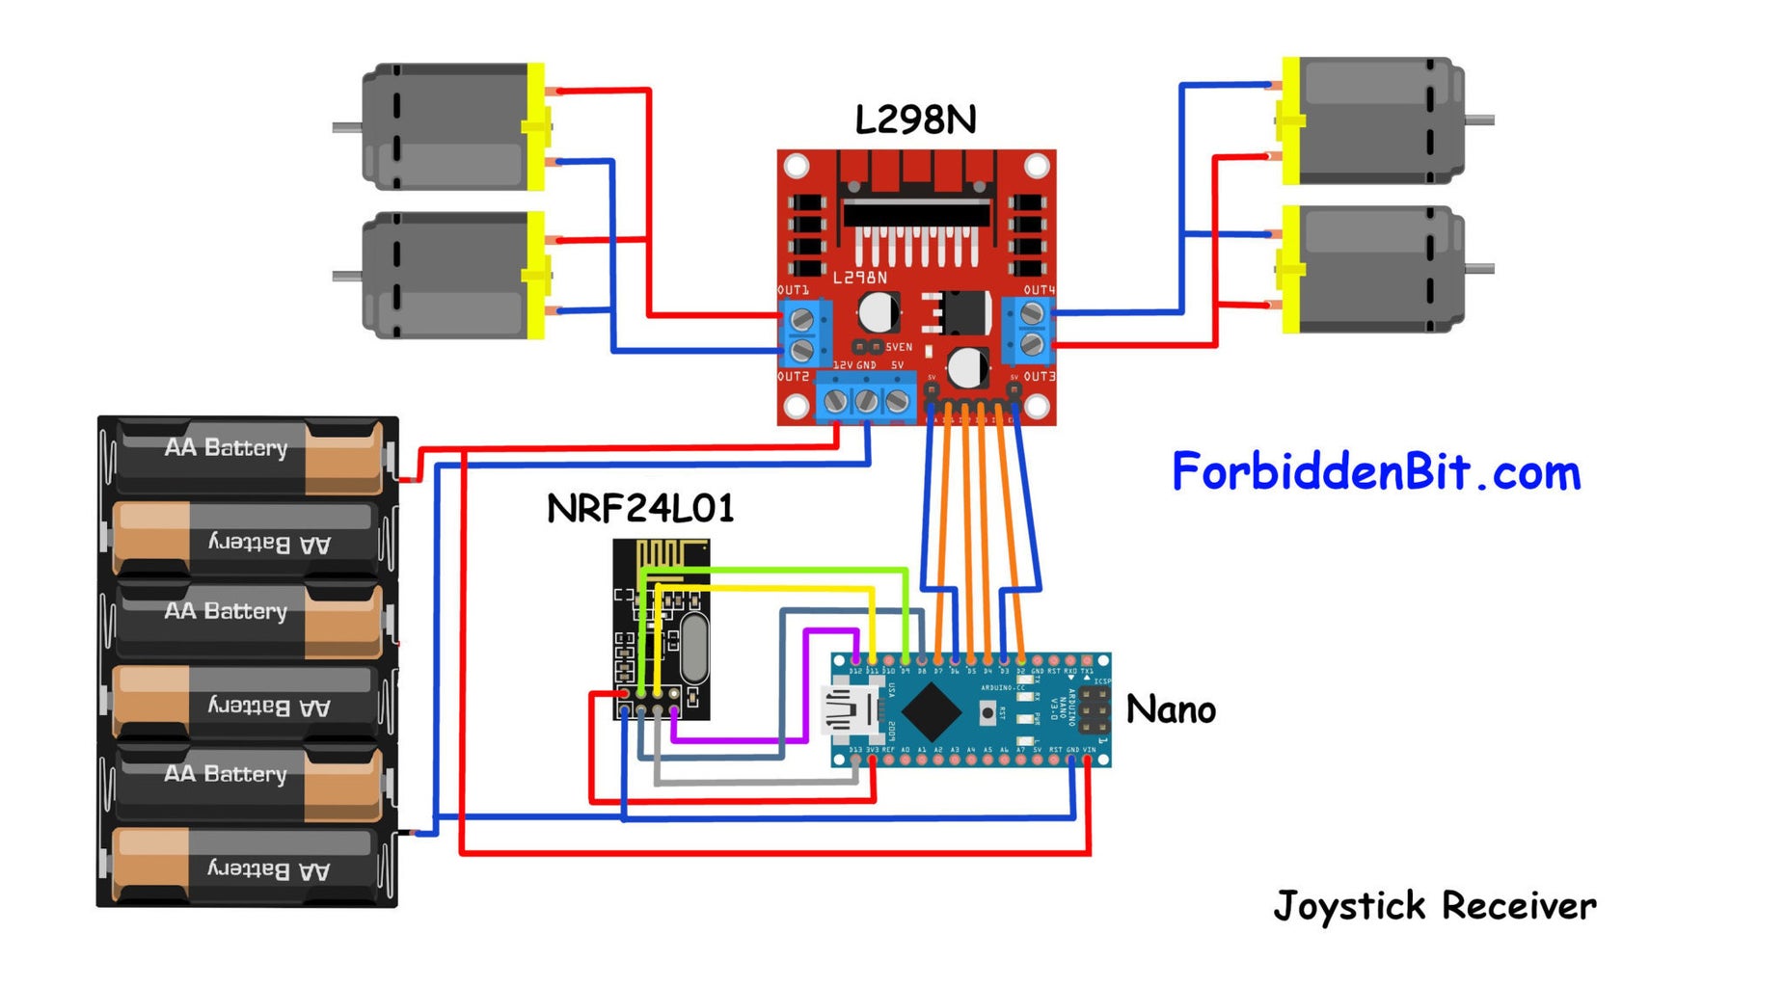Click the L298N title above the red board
point(914,120)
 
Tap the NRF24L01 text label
point(640,508)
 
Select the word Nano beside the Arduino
point(1170,710)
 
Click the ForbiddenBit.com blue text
point(1375,472)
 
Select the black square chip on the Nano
point(930,711)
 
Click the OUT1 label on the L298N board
point(793,290)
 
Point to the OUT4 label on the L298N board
point(1039,290)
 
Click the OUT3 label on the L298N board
point(1039,377)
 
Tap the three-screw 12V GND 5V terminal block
point(866,400)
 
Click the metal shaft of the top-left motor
point(346,127)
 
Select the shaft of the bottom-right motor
point(1479,269)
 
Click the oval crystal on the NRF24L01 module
point(693,648)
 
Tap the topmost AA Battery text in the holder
point(226,448)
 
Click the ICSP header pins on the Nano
point(1094,710)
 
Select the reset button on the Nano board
point(987,713)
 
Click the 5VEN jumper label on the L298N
point(898,347)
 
